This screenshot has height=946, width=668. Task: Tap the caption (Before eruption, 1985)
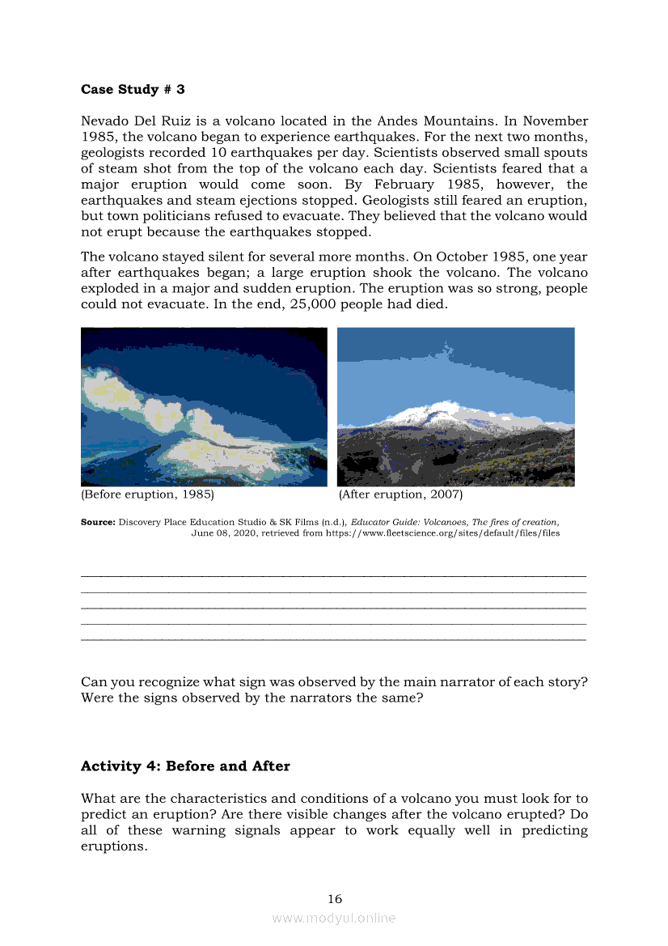[x=147, y=494]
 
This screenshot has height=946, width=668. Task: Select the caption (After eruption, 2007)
[x=400, y=494]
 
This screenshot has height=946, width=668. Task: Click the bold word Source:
[x=98, y=523]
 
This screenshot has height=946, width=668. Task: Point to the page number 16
[x=334, y=898]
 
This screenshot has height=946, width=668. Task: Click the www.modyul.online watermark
[x=334, y=918]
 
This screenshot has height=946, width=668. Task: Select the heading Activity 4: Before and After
[x=185, y=766]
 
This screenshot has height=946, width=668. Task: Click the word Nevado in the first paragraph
[x=106, y=121]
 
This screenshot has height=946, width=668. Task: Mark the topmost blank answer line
[x=334, y=575]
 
